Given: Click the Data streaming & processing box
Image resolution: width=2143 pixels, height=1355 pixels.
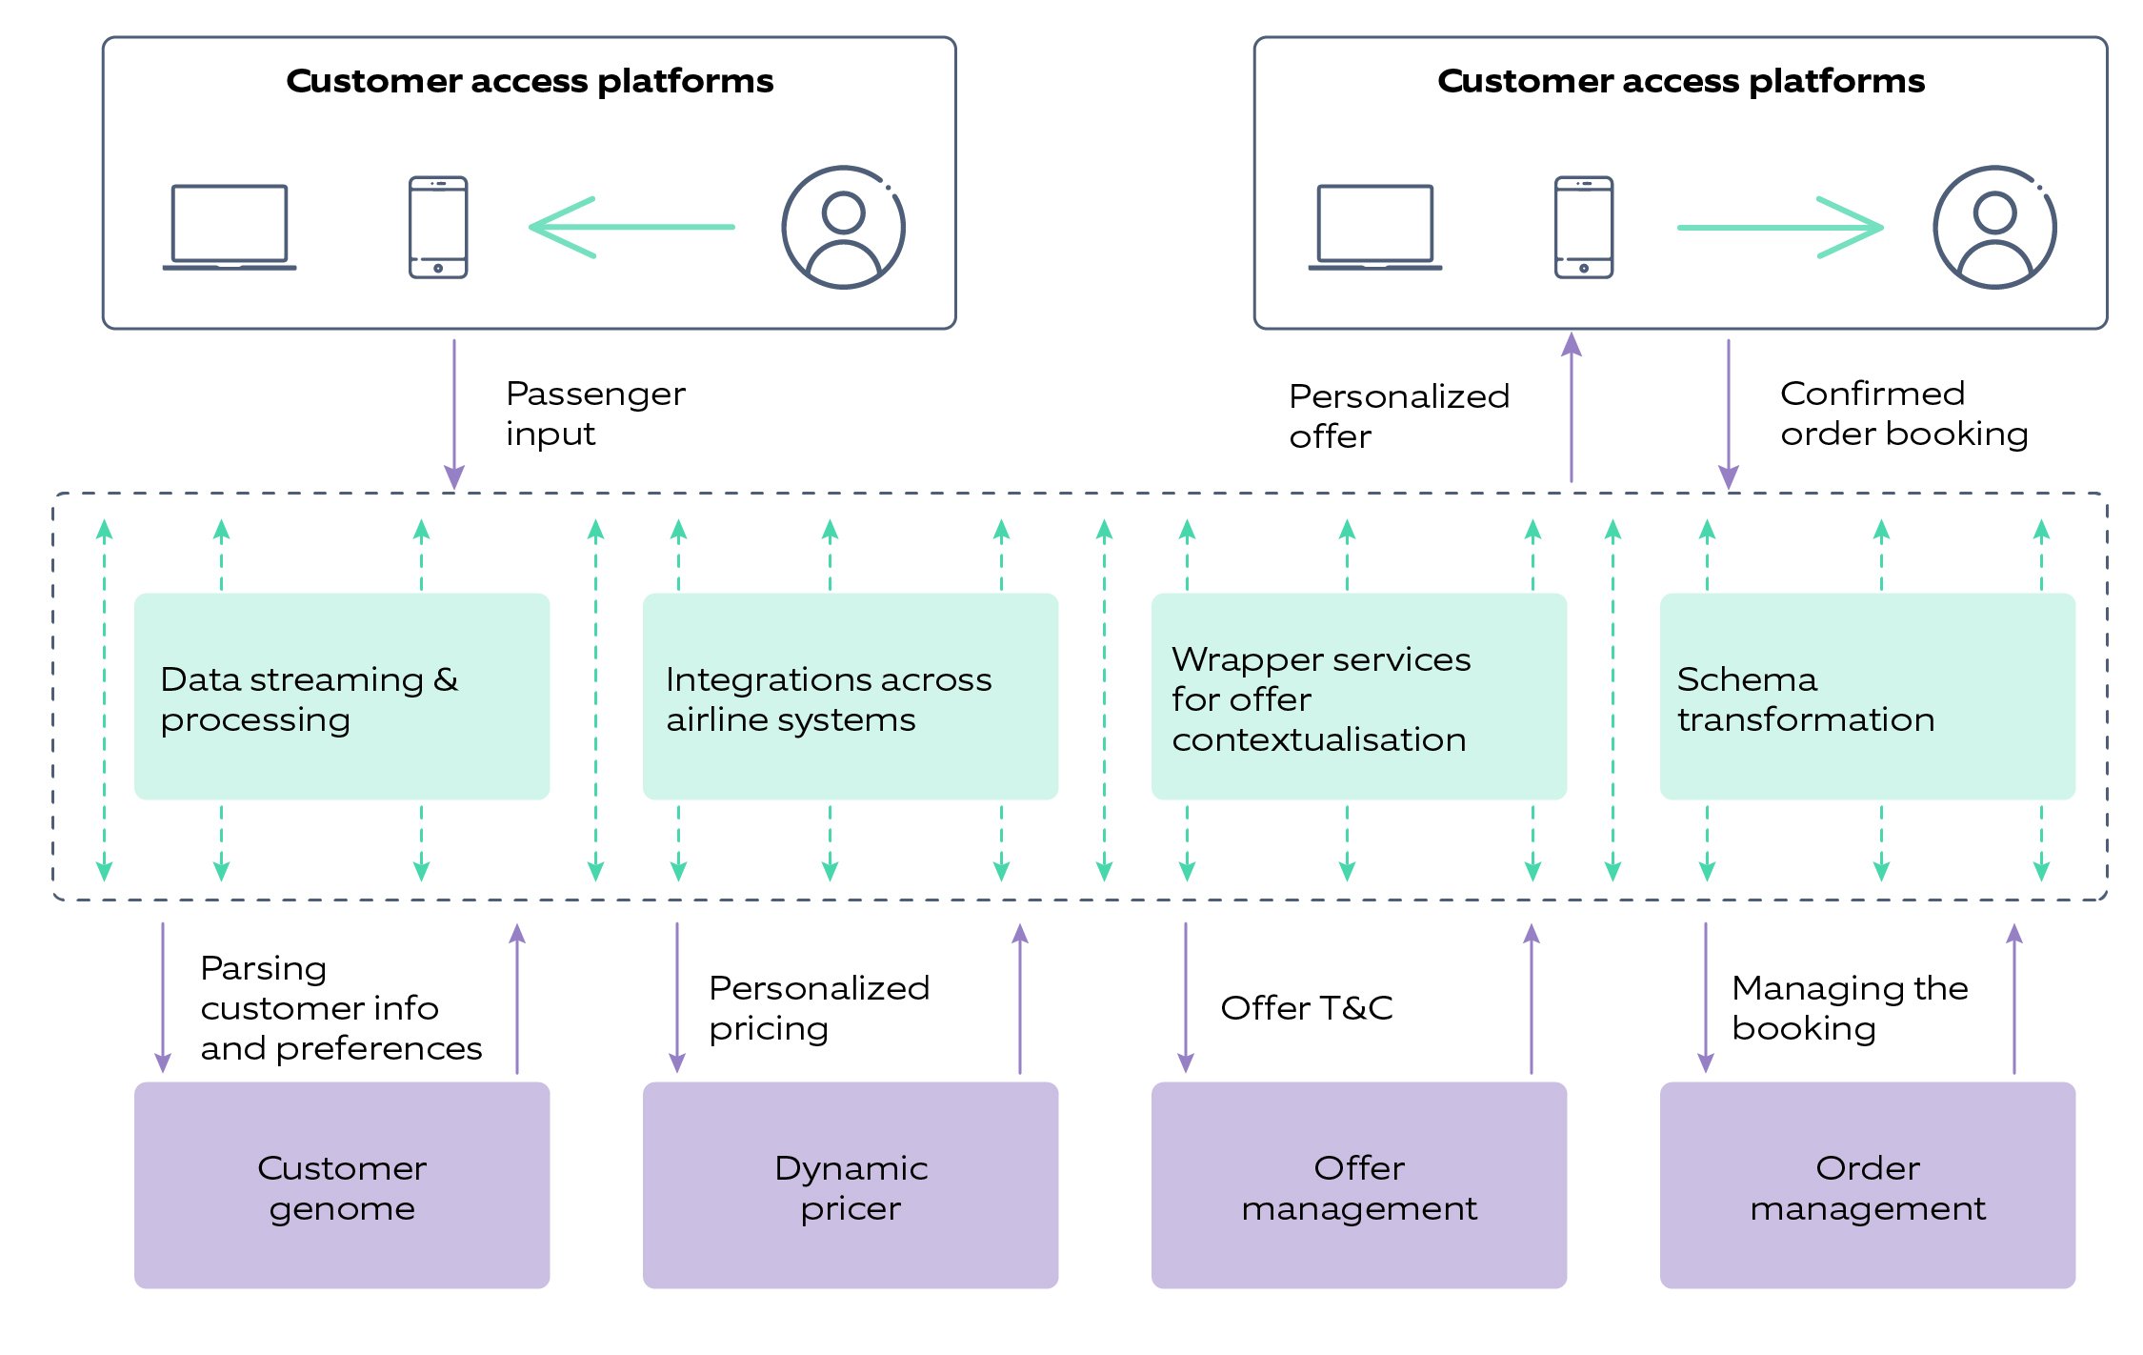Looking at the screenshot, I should pos(341,697).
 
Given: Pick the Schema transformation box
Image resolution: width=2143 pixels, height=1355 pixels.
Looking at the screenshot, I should pos(1867,697).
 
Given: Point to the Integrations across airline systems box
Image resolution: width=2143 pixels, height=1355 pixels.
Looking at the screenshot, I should pos(850,697).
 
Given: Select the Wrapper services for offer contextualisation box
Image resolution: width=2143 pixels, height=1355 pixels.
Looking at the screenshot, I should pos(1358,697).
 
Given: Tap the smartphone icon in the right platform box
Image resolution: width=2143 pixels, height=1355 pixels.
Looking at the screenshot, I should pos(1583,228).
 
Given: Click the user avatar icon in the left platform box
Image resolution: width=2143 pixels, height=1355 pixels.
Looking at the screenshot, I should pos(843,228).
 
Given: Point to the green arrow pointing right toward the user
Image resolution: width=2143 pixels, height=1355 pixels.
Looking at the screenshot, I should pos(1779,228).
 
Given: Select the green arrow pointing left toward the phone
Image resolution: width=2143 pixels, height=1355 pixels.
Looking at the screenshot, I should pos(631,228).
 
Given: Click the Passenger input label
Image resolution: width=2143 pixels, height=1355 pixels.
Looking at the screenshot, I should pos(594,414).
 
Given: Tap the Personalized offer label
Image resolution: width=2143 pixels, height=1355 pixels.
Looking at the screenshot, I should pos(1397,415).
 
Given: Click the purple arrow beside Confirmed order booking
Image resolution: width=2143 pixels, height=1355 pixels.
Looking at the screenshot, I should pos(1728,414).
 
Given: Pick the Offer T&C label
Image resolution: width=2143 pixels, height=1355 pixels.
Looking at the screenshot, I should pos(1306,1007).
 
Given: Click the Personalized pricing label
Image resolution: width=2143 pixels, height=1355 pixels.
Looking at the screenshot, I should pos(818,1007).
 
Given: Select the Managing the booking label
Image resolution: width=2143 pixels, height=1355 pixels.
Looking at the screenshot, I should pos(1849,1007).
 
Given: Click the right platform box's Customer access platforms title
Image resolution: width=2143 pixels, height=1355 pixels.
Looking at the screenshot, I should pos(1680,81).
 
